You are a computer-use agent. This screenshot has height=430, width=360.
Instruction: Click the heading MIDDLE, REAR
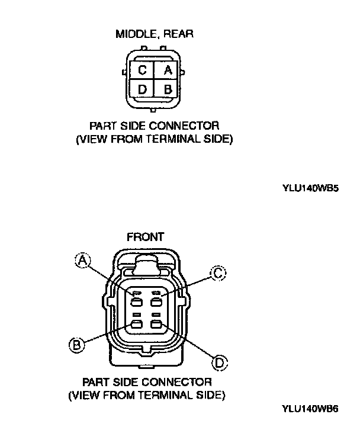pos(154,34)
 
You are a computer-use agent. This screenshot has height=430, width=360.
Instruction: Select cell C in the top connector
pos(142,70)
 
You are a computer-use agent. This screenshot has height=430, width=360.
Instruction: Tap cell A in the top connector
pos(168,70)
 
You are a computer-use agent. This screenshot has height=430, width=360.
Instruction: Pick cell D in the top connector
pos(142,89)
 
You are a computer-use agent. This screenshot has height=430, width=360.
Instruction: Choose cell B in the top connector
pos(168,89)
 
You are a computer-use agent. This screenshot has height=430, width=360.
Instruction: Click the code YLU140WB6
pos(310,408)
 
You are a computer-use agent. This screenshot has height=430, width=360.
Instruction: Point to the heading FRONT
pos(146,237)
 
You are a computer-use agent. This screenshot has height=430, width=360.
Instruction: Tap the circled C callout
pos(217,273)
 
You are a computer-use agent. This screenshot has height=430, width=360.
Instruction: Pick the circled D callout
pos(220,361)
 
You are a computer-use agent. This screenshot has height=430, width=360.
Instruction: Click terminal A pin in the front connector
pos(136,301)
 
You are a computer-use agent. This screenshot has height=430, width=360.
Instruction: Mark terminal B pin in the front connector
pos(136,324)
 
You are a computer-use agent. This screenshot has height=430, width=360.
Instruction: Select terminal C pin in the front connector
pos(157,301)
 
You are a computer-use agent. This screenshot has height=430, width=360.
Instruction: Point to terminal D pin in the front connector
pos(157,324)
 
